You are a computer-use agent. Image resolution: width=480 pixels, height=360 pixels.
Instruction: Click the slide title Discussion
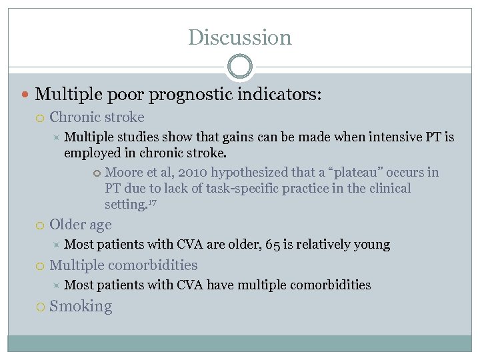point(239,37)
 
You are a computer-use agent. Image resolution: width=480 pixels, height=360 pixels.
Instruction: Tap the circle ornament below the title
point(239,67)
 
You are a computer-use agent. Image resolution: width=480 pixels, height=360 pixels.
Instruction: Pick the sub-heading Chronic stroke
point(97,117)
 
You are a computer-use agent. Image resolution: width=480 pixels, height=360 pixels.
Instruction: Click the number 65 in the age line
point(273,245)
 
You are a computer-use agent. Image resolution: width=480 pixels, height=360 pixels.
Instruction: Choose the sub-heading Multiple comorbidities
point(123,265)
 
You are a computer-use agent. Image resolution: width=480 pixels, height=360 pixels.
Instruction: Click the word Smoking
point(81,307)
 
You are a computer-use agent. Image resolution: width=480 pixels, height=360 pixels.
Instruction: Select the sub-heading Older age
point(81,225)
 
